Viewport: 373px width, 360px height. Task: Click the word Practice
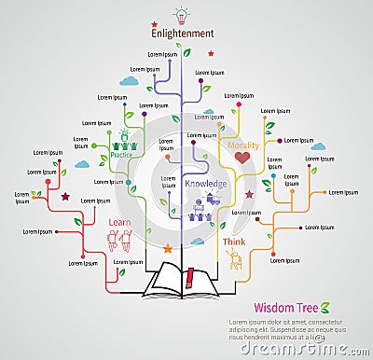[x=121, y=156]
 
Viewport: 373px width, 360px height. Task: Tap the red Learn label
[x=119, y=222]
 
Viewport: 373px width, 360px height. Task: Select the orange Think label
[x=234, y=242]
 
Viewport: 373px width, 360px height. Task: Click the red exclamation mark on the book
[x=190, y=276]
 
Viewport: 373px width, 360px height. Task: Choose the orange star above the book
[x=167, y=249]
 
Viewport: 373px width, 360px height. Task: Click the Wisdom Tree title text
[x=286, y=307]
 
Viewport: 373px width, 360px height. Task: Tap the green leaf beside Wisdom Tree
[x=326, y=306]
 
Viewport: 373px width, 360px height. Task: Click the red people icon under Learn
[x=120, y=241]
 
